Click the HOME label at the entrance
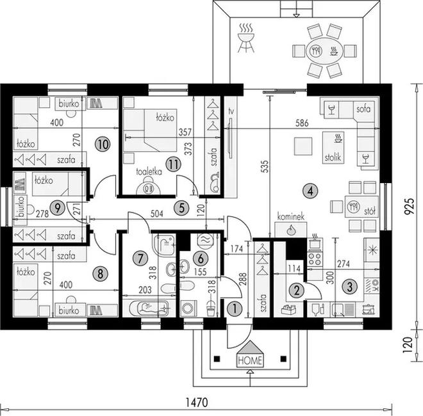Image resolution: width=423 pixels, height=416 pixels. pyautogui.click(x=250, y=360)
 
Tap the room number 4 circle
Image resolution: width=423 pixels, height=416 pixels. pyautogui.click(x=310, y=191)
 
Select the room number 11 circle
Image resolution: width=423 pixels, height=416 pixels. pyautogui.click(x=173, y=164)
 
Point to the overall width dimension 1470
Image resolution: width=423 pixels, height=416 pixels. pyautogui.click(x=197, y=403)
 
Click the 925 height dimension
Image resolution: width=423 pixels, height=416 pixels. pyautogui.click(x=410, y=206)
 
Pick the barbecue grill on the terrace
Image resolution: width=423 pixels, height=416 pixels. pyautogui.click(x=245, y=38)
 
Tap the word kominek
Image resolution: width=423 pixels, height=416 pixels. pyautogui.click(x=291, y=216)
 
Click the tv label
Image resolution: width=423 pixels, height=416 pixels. pyautogui.click(x=231, y=111)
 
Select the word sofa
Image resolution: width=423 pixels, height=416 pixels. pyautogui.click(x=363, y=109)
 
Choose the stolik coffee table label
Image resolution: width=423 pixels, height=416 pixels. pyautogui.click(x=333, y=157)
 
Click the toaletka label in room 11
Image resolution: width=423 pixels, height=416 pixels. pyautogui.click(x=149, y=172)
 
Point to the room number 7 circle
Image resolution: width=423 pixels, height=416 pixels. pyautogui.click(x=140, y=259)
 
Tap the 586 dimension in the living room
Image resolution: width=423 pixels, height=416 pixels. pyautogui.click(x=302, y=123)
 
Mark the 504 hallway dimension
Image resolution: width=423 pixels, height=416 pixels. pyautogui.click(x=157, y=214)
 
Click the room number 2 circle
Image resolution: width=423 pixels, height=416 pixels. pyautogui.click(x=296, y=291)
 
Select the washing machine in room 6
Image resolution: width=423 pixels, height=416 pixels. pyautogui.click(x=188, y=308)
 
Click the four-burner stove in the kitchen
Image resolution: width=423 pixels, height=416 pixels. pyautogui.click(x=315, y=259)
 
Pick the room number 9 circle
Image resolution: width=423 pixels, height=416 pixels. pyautogui.click(x=57, y=208)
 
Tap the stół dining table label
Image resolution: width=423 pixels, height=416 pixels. pyautogui.click(x=370, y=211)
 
